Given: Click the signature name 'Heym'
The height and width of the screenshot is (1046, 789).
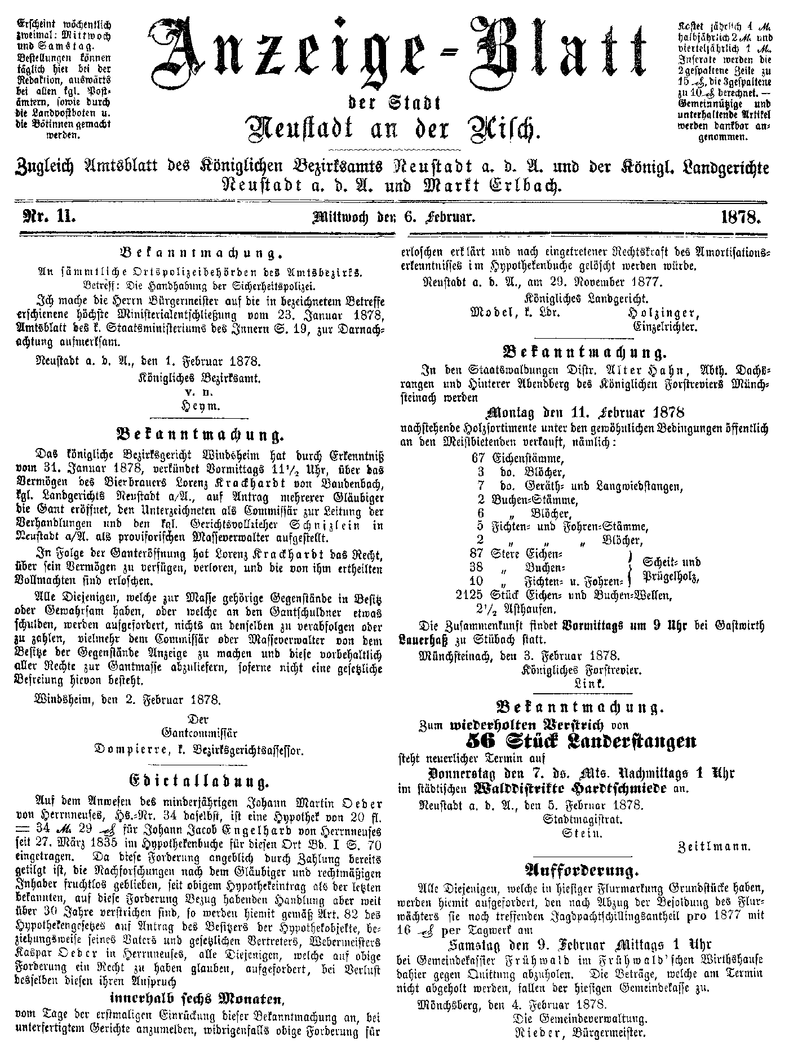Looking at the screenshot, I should (x=200, y=406).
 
